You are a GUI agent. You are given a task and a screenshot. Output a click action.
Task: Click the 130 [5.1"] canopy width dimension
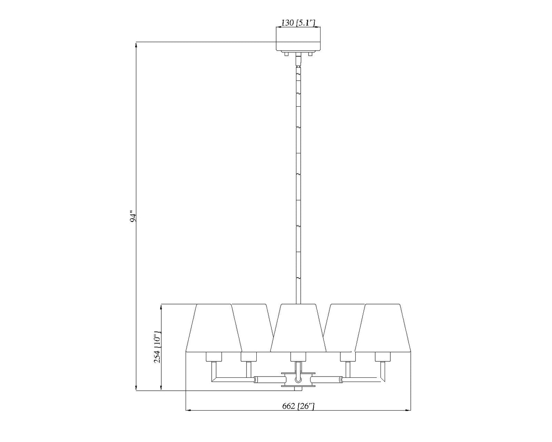pos(298,23)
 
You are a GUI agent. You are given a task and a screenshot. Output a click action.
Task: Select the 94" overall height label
pos(133,216)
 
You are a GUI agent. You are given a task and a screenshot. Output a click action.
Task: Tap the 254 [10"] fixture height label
pos(157,347)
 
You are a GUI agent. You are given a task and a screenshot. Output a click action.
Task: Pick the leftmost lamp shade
pos(214,328)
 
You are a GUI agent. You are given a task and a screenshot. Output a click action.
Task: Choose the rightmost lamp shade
pos(382,328)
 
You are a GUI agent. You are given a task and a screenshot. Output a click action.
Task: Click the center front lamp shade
pos(298,328)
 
